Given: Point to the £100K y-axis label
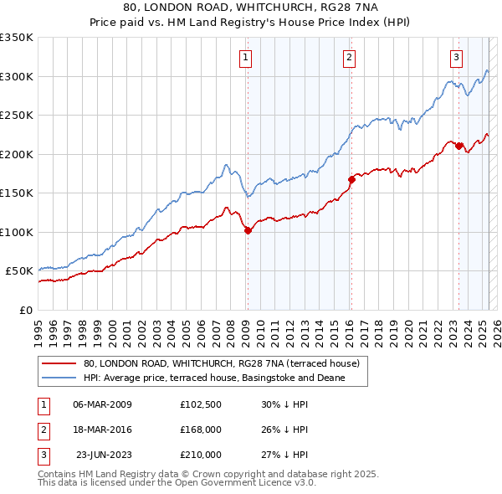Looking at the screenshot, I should click(x=16, y=232).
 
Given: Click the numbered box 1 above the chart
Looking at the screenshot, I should click(x=246, y=58).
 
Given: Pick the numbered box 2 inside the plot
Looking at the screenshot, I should click(x=349, y=58).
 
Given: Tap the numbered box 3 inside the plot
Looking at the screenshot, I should click(x=456, y=58).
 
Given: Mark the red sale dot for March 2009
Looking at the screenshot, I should click(x=248, y=230).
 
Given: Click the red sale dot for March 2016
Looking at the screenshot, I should click(x=351, y=178).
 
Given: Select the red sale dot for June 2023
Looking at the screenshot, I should click(x=458, y=147).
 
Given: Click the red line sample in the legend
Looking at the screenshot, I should click(x=59, y=364).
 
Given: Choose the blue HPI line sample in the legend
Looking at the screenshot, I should click(x=59, y=378).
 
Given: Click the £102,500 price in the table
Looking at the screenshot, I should click(x=201, y=404).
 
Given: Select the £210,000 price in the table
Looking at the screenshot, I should click(x=201, y=455).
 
